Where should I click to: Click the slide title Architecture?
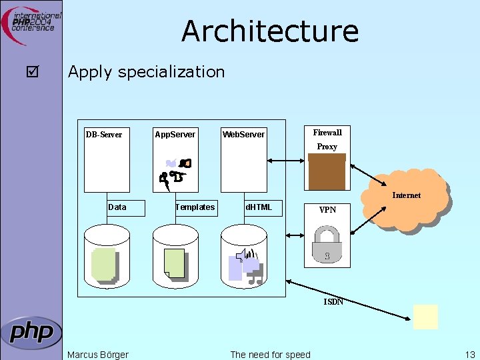(x=269, y=31)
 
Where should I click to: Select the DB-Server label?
(x=104, y=135)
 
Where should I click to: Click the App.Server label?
(x=175, y=135)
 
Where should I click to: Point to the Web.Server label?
(x=243, y=135)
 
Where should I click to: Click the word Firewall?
(x=327, y=133)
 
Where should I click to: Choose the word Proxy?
(x=327, y=147)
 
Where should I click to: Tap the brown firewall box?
(x=327, y=172)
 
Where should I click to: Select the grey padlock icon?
(x=327, y=244)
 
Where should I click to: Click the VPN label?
(x=327, y=210)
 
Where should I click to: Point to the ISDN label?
(x=333, y=302)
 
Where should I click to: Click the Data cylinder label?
(x=117, y=207)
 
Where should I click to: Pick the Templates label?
(x=195, y=207)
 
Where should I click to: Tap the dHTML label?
(x=259, y=207)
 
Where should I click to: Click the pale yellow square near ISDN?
(x=425, y=317)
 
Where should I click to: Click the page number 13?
(x=470, y=355)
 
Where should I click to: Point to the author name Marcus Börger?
(x=98, y=355)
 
